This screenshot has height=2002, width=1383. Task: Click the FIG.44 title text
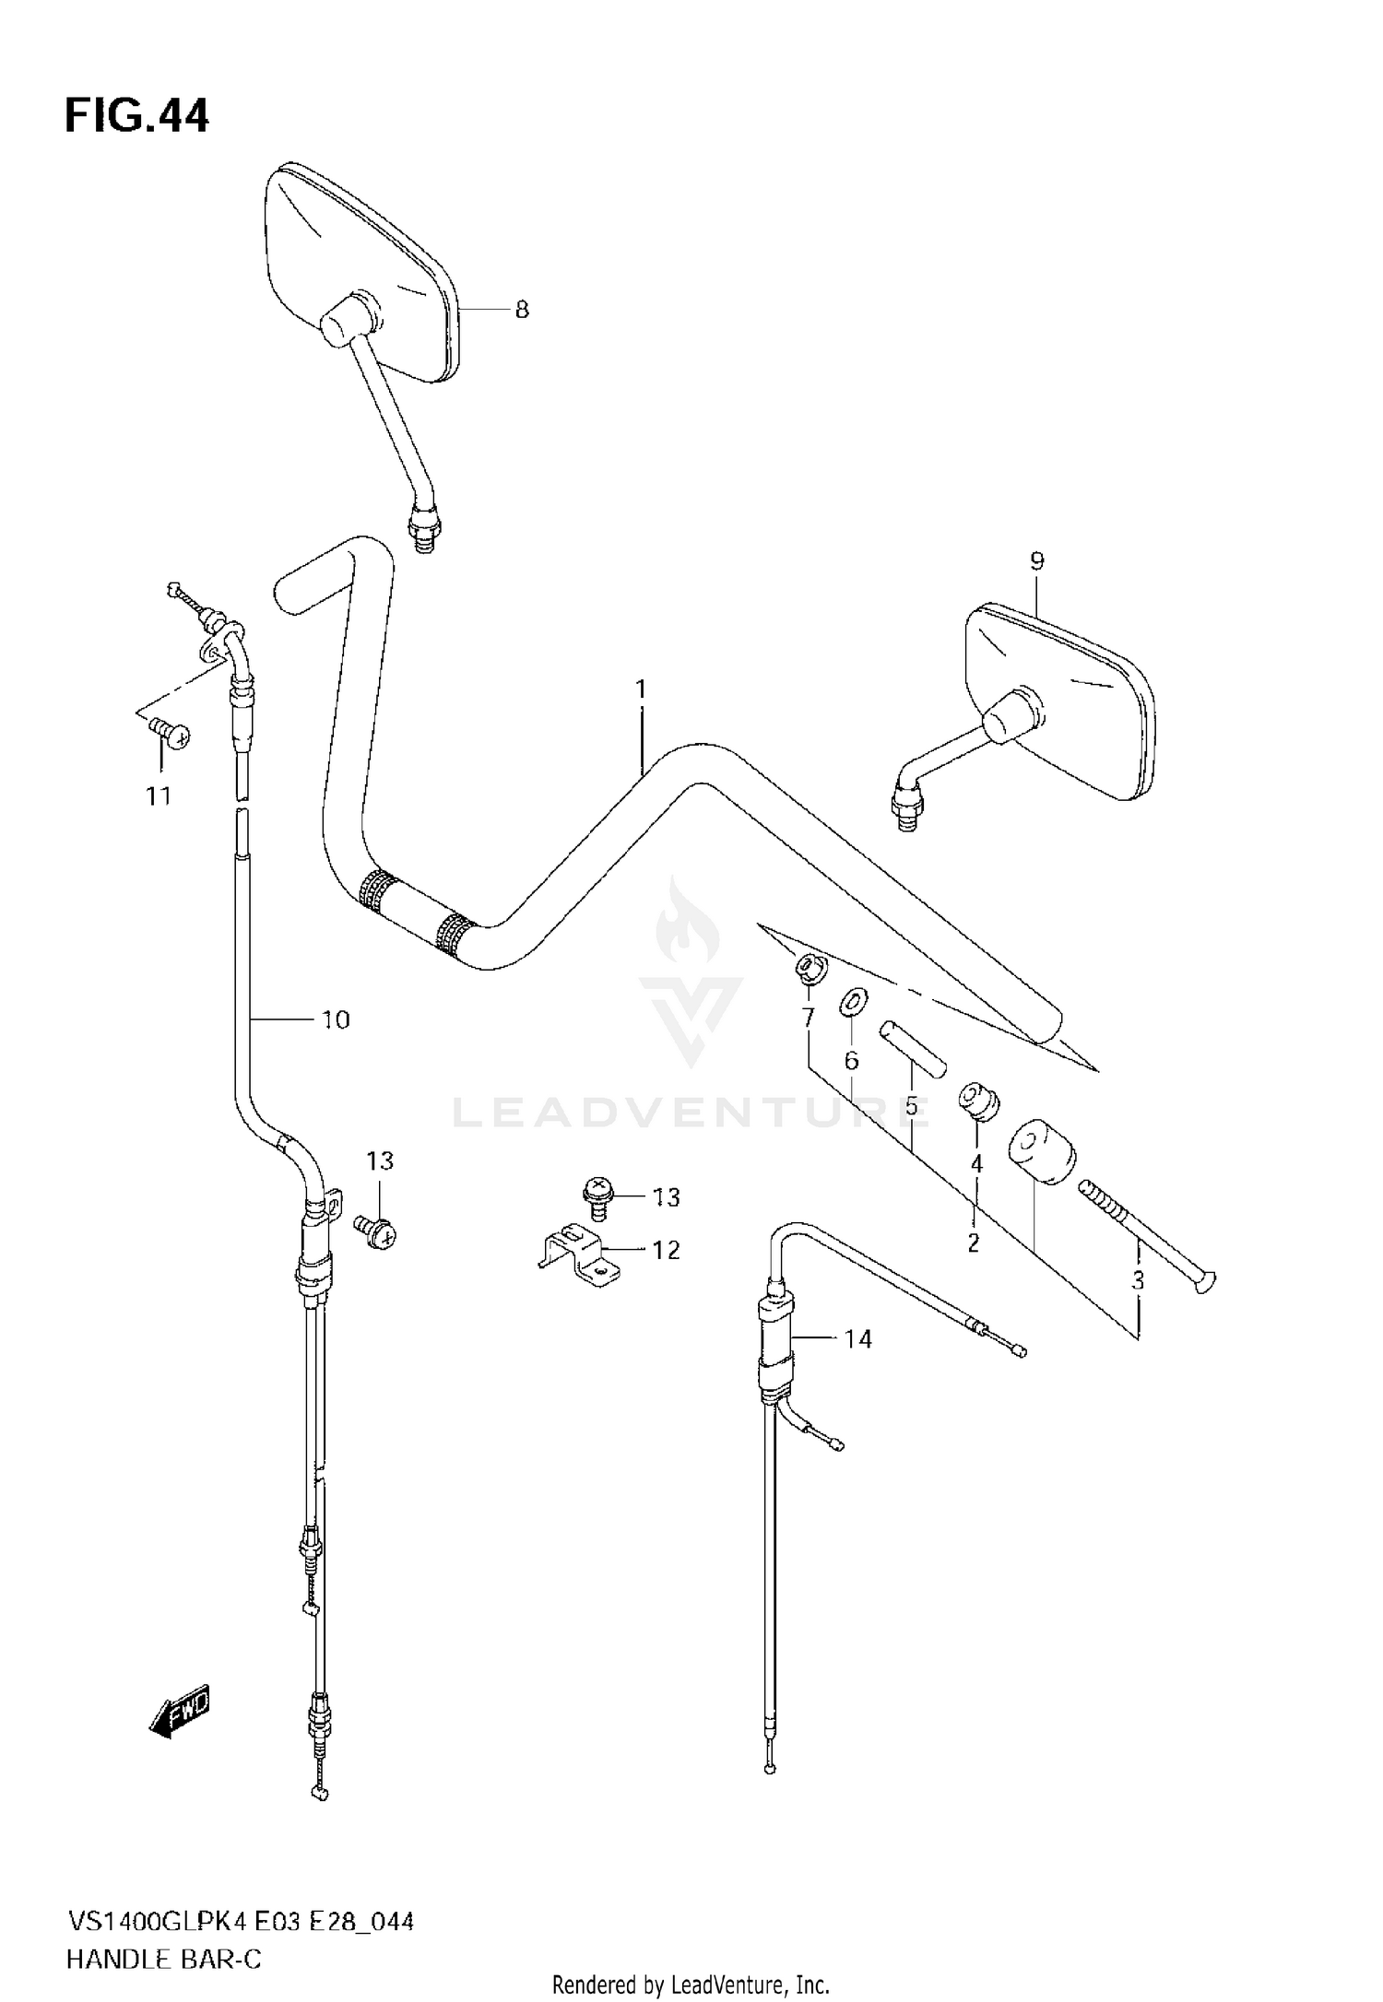(136, 117)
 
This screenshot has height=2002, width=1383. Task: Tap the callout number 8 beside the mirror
(522, 310)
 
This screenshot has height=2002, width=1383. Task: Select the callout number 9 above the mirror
(1036, 560)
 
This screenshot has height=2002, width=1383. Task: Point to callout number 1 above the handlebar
(641, 689)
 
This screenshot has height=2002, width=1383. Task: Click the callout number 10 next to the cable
(336, 1019)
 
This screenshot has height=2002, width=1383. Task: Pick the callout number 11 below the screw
(159, 795)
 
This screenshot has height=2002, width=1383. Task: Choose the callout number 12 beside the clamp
(666, 1250)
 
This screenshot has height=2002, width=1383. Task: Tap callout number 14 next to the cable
(857, 1338)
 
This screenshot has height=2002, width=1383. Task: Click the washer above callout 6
(854, 1001)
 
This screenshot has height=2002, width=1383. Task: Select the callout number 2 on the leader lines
(974, 1242)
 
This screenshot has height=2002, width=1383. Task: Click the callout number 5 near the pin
(911, 1106)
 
